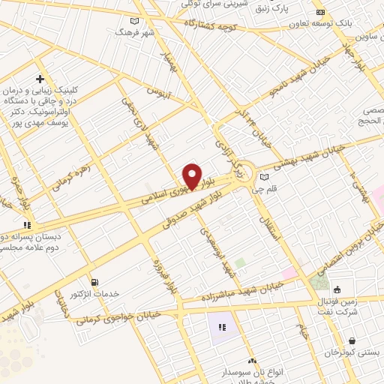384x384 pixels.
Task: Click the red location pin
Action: tap(193, 175)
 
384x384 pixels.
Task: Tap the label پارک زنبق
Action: tap(271, 8)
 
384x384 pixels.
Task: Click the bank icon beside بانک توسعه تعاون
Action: tap(320, 13)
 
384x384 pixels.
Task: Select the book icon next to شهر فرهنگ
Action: tap(134, 21)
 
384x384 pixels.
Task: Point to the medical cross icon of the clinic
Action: tap(39, 79)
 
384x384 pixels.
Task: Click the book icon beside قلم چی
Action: tap(263, 177)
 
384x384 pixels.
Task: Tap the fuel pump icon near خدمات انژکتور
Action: tap(93, 282)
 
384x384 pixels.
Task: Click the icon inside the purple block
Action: tap(222, 327)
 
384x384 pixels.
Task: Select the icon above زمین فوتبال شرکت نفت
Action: tap(337, 289)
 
